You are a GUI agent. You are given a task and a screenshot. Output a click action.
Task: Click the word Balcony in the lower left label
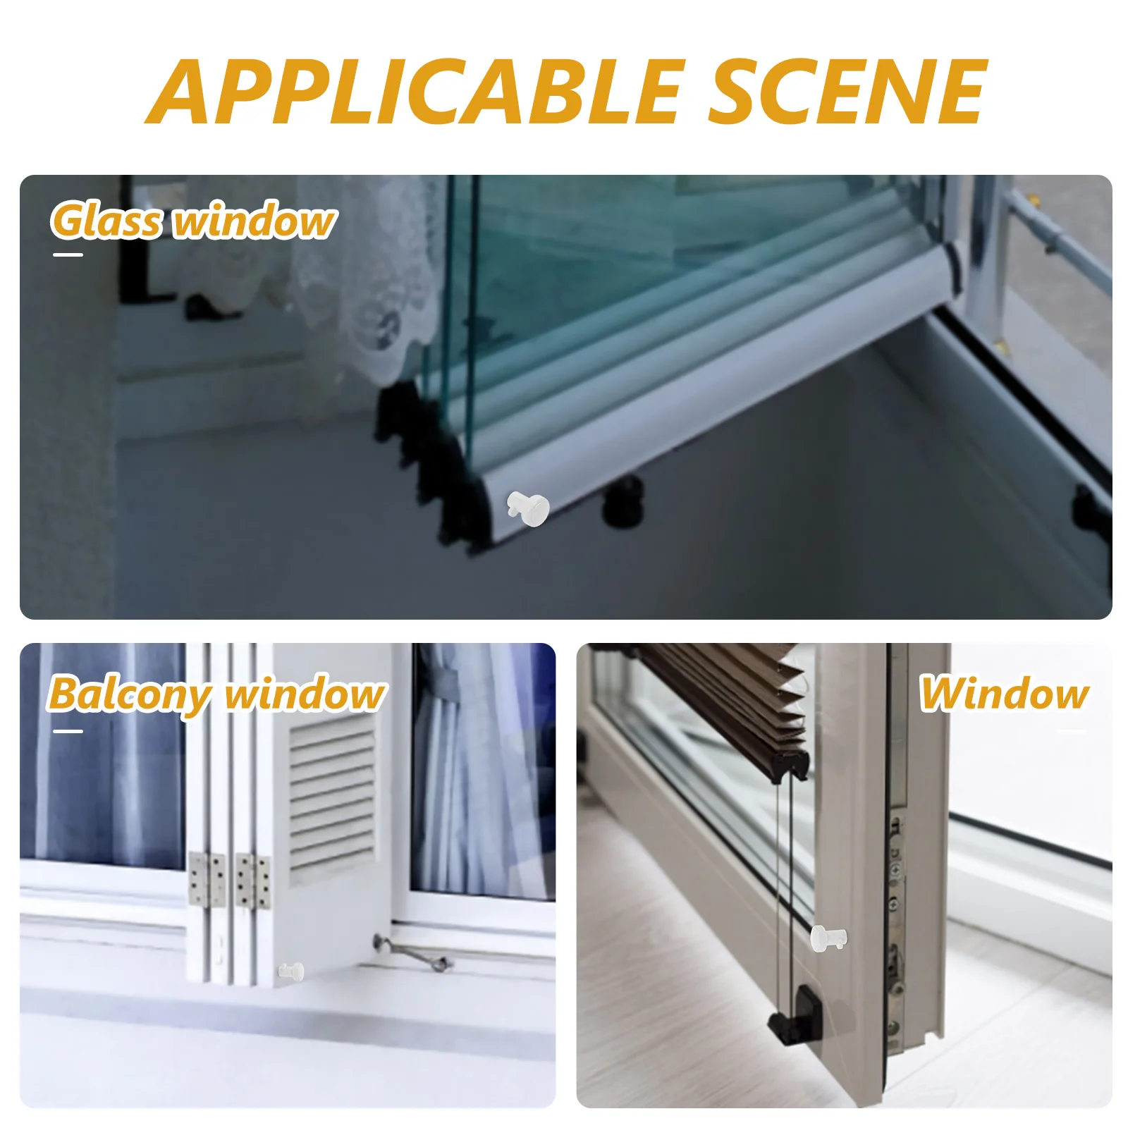pos(130,694)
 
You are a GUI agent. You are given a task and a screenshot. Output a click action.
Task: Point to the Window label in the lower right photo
pos(1005,694)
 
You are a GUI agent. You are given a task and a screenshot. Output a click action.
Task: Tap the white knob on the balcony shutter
pos(291,971)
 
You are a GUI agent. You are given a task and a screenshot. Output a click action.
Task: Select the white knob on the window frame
pos(828,938)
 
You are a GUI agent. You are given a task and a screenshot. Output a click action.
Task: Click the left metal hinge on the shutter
pos(207,880)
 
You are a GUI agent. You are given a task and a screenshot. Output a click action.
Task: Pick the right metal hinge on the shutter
pos(252,881)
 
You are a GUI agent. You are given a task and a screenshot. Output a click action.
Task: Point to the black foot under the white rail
pos(624,501)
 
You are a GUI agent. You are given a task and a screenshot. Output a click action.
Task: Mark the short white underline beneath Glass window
pos(68,255)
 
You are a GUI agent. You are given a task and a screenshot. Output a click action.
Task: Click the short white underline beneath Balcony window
pos(68,731)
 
